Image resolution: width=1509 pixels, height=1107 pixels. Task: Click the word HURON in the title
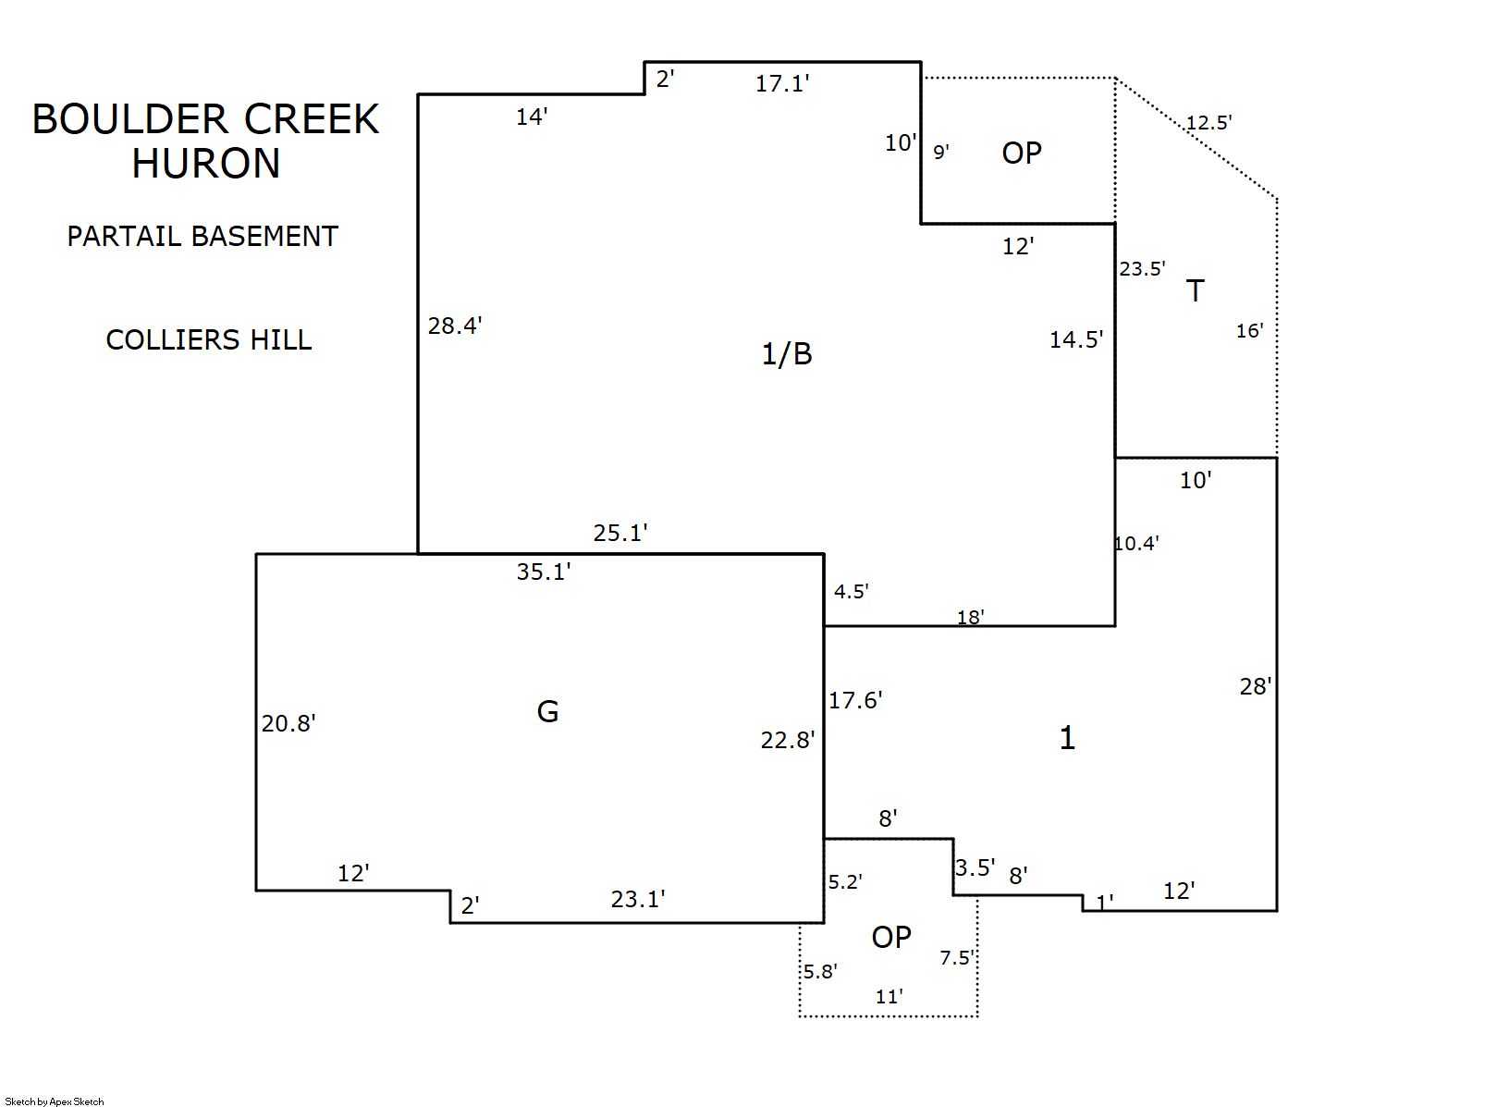coord(205,164)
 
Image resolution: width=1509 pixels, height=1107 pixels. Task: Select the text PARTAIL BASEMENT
coord(202,237)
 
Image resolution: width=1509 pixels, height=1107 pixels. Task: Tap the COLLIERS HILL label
coord(208,340)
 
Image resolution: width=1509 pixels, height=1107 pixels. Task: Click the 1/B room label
coord(786,353)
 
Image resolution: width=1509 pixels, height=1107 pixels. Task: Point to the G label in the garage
coord(547,711)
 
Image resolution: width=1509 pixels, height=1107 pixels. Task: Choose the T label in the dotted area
coord(1195,291)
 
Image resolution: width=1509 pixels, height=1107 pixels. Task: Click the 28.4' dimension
coord(454,326)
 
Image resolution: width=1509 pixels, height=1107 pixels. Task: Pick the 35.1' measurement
coord(544,572)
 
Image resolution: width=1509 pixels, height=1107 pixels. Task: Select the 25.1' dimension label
coord(620,534)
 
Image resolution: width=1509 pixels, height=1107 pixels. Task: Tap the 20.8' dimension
coord(288,723)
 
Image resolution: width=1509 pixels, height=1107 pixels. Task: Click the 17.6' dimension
coord(855,701)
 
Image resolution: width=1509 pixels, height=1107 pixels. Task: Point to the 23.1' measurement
coord(638,899)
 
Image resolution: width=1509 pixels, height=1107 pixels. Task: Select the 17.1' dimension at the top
coord(782,84)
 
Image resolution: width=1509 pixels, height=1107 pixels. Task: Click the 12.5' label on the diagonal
coord(1208,122)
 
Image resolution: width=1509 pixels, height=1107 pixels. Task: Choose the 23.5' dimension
coord(1142,269)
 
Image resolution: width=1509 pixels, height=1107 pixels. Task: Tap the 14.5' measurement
coord(1076,340)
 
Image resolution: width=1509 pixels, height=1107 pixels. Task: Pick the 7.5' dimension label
coord(958,958)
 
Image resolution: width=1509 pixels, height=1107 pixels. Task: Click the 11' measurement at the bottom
coord(889,997)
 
